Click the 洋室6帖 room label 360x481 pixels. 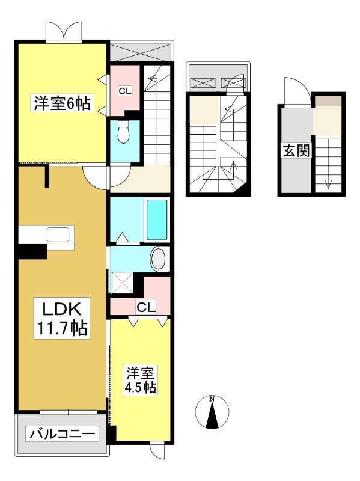[62, 103]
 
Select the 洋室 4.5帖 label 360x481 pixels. [140, 380]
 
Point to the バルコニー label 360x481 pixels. [63, 434]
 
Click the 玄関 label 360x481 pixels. [296, 151]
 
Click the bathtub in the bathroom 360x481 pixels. [157, 219]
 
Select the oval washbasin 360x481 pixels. [159, 259]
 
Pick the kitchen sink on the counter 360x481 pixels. [58, 234]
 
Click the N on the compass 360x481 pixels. [212, 399]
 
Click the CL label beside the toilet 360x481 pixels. [125, 91]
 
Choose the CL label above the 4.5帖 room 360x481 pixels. [146, 307]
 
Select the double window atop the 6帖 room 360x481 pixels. [64, 31]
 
